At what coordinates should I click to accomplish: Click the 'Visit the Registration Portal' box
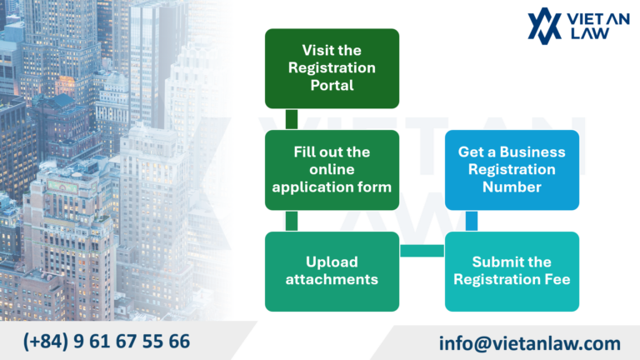click(332, 68)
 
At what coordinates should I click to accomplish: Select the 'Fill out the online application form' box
click(332, 170)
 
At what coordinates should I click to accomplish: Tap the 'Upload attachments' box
click(332, 272)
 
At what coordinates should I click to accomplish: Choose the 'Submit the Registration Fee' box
click(512, 272)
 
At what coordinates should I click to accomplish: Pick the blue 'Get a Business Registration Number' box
click(512, 170)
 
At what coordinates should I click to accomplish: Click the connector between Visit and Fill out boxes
click(292, 119)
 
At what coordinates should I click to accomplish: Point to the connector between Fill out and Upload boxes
click(292, 221)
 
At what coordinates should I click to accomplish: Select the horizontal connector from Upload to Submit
click(422, 250)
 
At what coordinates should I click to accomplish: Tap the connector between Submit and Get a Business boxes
click(472, 221)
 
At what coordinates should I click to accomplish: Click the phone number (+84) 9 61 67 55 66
click(107, 341)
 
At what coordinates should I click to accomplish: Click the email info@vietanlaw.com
click(530, 342)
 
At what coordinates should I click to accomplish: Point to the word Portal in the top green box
click(332, 85)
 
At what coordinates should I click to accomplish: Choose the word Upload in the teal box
click(332, 262)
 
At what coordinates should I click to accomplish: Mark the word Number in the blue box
click(512, 187)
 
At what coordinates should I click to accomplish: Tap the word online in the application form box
click(332, 170)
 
